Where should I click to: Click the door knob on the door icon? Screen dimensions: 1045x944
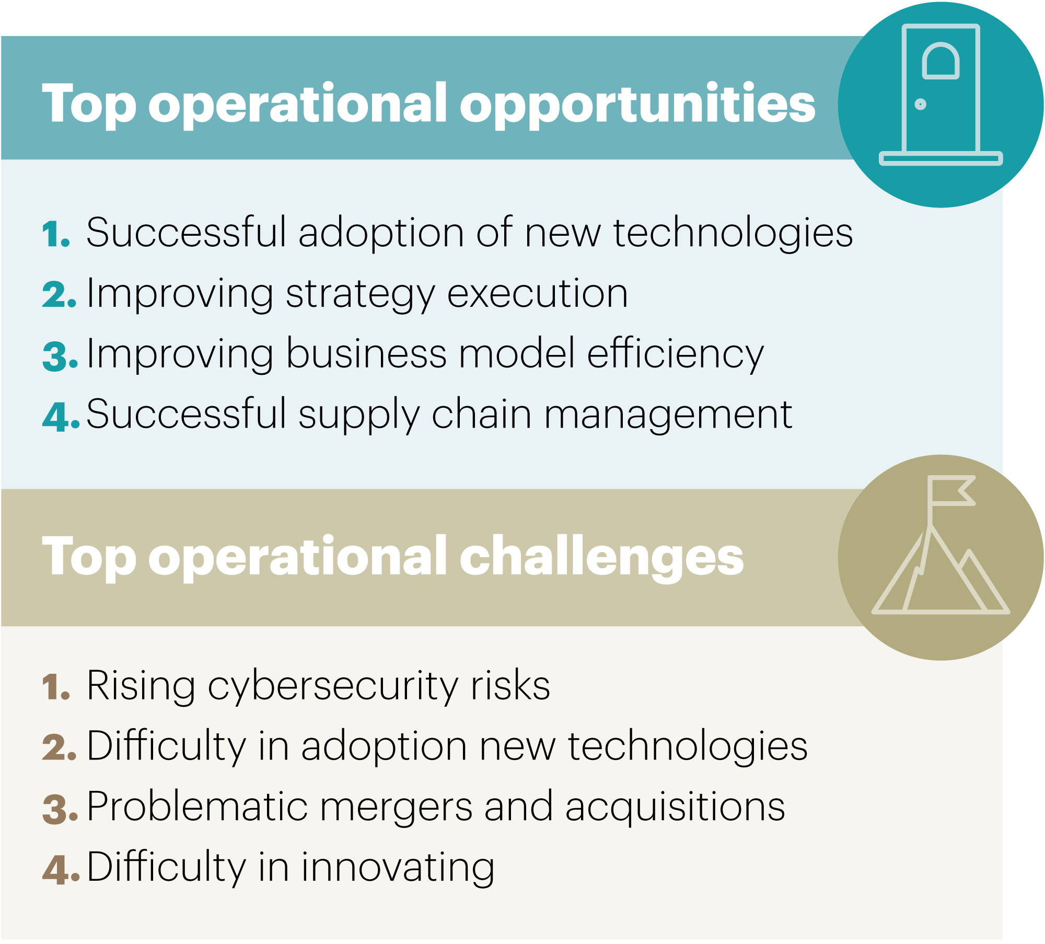point(921,105)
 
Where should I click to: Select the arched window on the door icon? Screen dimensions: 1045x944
point(940,61)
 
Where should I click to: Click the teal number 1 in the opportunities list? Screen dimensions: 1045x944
point(56,234)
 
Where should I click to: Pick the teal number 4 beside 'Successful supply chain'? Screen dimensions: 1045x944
point(61,416)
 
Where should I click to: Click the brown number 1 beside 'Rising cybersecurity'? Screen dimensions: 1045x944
point(56,686)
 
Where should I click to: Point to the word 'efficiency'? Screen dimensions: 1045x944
point(676,354)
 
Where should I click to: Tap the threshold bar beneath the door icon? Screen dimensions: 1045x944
point(941,158)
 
